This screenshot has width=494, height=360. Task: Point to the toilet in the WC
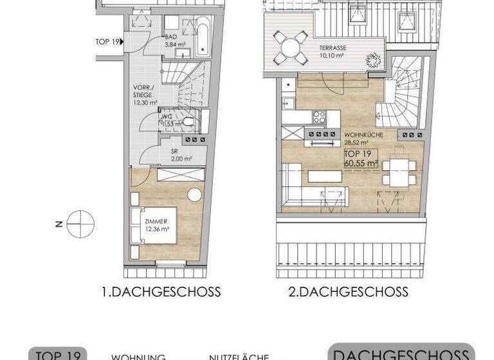[188, 121]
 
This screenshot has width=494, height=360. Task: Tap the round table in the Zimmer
[194, 195]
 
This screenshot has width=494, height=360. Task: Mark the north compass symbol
[80, 224]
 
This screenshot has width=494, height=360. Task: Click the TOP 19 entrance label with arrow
[109, 42]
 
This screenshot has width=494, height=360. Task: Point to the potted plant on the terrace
[373, 60]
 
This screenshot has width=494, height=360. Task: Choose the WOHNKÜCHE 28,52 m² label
[364, 138]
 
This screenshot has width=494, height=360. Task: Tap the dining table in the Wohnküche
[398, 172]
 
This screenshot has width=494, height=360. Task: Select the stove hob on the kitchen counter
[320, 116]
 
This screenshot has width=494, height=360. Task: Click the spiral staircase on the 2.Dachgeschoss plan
[403, 93]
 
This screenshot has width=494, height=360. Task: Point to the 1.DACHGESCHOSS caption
[161, 292]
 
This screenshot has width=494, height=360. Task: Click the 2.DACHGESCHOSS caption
[348, 292]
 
